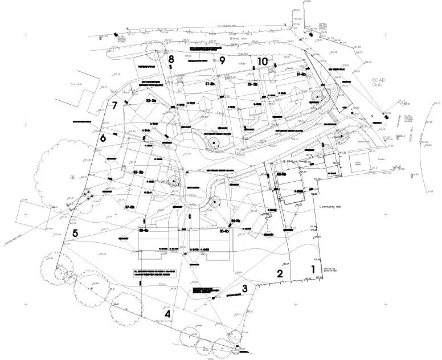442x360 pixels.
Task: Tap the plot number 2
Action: [x=280, y=273]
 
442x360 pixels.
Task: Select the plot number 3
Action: [x=245, y=288]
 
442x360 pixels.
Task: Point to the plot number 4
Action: [x=167, y=314]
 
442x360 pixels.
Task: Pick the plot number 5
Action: [x=75, y=232]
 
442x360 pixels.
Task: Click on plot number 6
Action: [x=103, y=138]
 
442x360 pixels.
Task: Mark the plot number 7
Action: [x=114, y=105]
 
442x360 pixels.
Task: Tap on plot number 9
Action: [x=223, y=60]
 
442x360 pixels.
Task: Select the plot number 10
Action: [x=262, y=61]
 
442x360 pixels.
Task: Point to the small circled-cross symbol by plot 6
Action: [x=72, y=178]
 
